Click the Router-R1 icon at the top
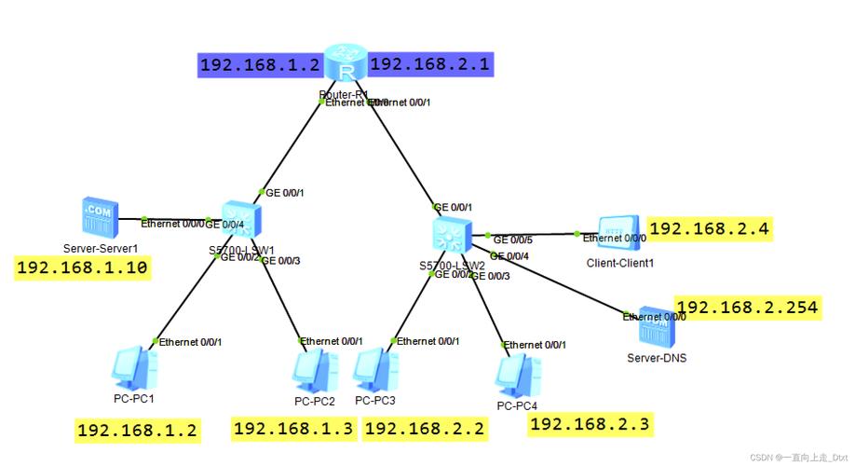tap(347, 66)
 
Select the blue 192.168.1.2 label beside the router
tap(260, 65)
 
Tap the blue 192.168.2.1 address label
tap(429, 64)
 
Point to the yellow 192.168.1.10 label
tap(83, 268)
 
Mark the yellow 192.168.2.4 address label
tap(711, 228)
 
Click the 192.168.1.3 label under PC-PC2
tap(293, 428)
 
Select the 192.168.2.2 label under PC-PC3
tap(425, 428)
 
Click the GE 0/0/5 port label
tap(512, 239)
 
